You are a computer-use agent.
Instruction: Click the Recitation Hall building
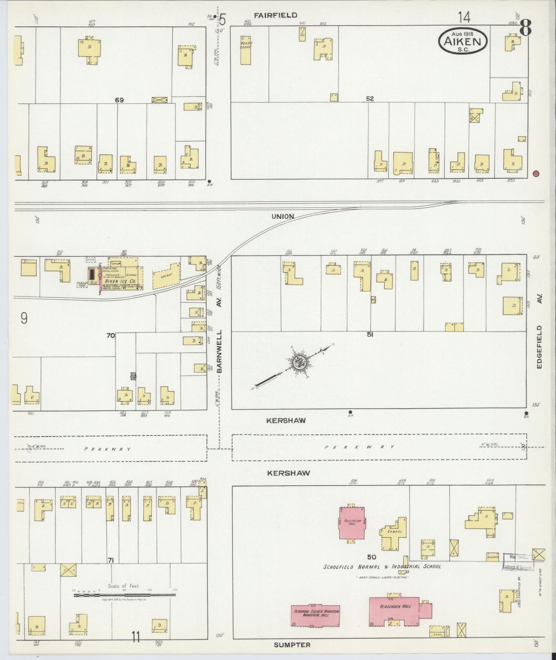(352, 523)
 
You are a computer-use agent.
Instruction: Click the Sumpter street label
(292, 644)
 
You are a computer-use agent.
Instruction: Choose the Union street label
(283, 217)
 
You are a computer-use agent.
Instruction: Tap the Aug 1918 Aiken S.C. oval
(463, 41)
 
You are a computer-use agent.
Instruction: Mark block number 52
(370, 99)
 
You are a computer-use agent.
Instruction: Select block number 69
(119, 100)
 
